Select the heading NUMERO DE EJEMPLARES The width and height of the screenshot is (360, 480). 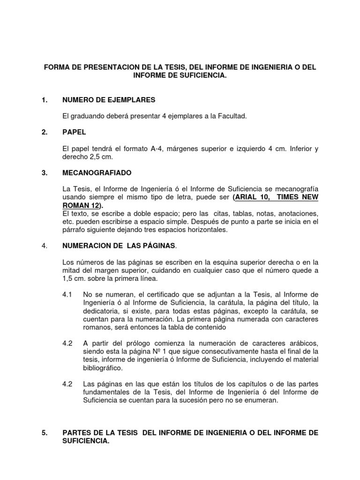tap(108, 100)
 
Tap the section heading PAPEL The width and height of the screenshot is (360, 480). tap(74, 133)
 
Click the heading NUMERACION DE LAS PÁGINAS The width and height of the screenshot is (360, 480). tap(119, 245)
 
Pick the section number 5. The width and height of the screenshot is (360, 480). tap(45, 433)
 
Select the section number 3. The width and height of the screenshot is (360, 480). tap(45, 173)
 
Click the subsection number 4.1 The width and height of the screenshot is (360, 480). tap(67, 294)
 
